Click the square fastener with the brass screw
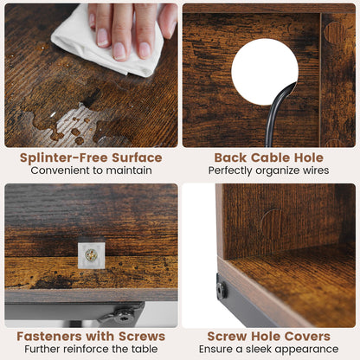click(x=91, y=255)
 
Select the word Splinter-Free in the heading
click(x=64, y=157)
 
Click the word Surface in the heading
click(x=137, y=157)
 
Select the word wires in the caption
click(x=316, y=170)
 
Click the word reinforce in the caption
click(x=87, y=349)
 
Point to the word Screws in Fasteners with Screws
click(x=142, y=337)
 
